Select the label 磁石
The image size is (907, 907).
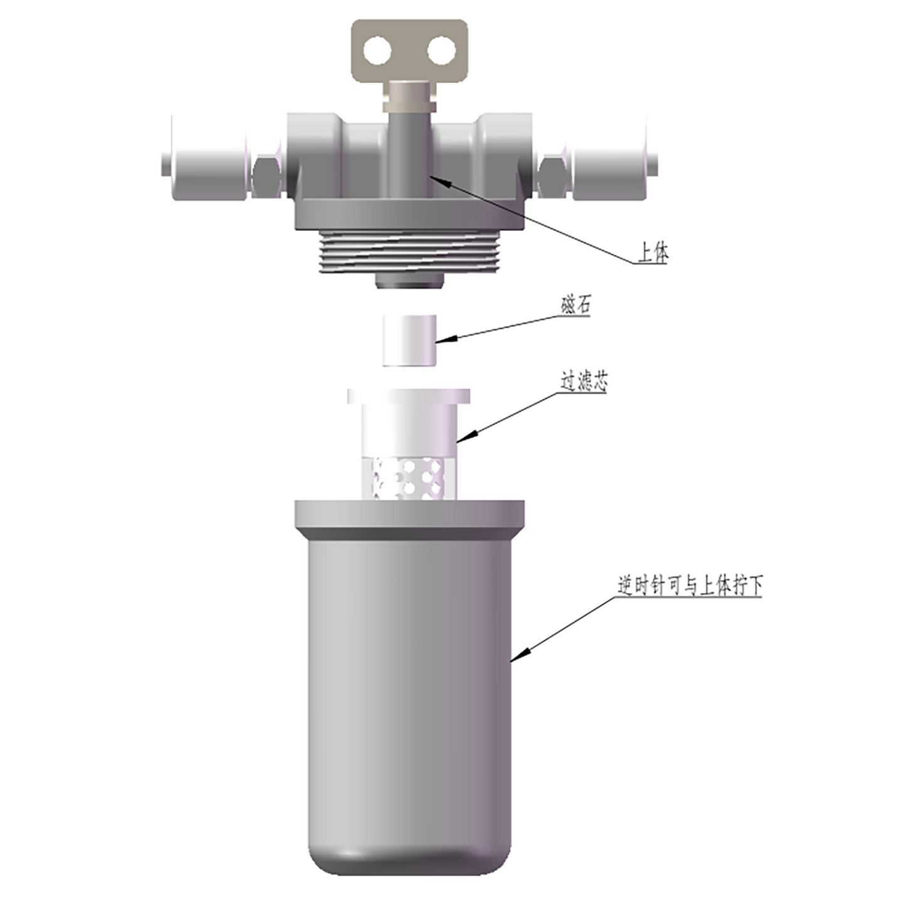point(575,306)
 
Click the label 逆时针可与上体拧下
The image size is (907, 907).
point(690,586)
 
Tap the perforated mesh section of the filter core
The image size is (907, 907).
point(409,479)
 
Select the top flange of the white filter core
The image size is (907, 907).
point(409,396)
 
